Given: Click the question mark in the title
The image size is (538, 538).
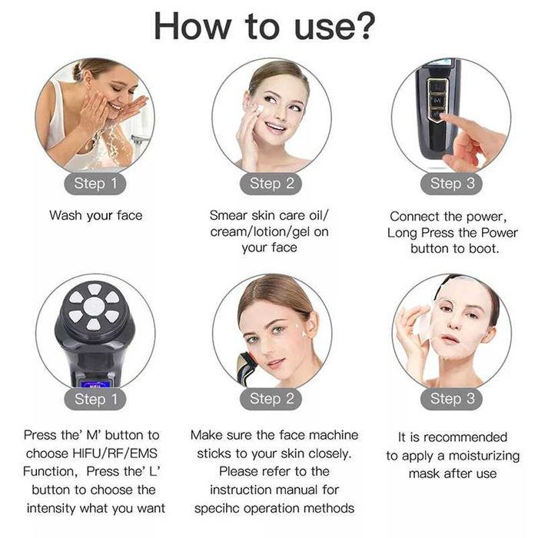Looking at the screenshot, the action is (363, 25).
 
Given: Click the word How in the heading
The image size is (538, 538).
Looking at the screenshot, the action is (192, 26).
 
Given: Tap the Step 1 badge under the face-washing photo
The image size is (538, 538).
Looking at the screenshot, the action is (95, 184).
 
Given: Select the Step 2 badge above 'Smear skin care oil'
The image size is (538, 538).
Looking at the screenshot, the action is (271, 184).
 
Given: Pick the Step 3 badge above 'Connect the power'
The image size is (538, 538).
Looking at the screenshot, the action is (452, 184).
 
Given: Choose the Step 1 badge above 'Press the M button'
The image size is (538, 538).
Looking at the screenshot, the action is (95, 399).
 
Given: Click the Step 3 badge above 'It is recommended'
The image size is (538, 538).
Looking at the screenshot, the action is (452, 399).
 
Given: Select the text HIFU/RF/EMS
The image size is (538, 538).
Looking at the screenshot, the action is (115, 453).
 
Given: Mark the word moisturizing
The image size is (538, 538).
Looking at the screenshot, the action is (483, 456).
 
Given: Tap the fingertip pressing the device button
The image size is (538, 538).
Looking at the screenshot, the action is (444, 118).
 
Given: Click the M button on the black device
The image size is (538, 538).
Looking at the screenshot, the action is (437, 101).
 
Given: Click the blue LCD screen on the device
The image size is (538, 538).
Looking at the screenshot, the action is (95, 384).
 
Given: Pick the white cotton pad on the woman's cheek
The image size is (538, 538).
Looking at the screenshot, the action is (260, 109).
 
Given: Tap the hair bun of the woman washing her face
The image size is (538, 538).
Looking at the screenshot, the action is (78, 71).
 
